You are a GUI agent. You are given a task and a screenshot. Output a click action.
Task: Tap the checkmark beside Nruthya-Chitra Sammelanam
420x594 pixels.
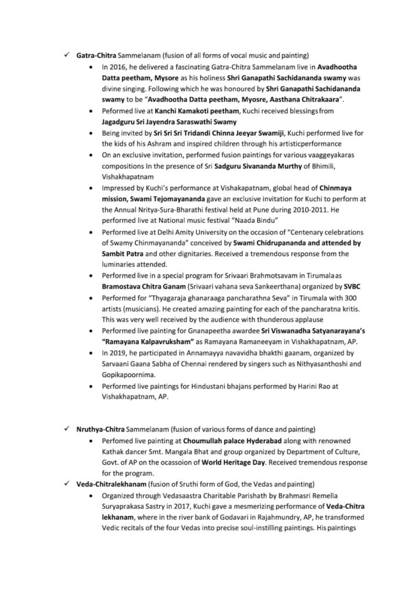coord(66,429)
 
